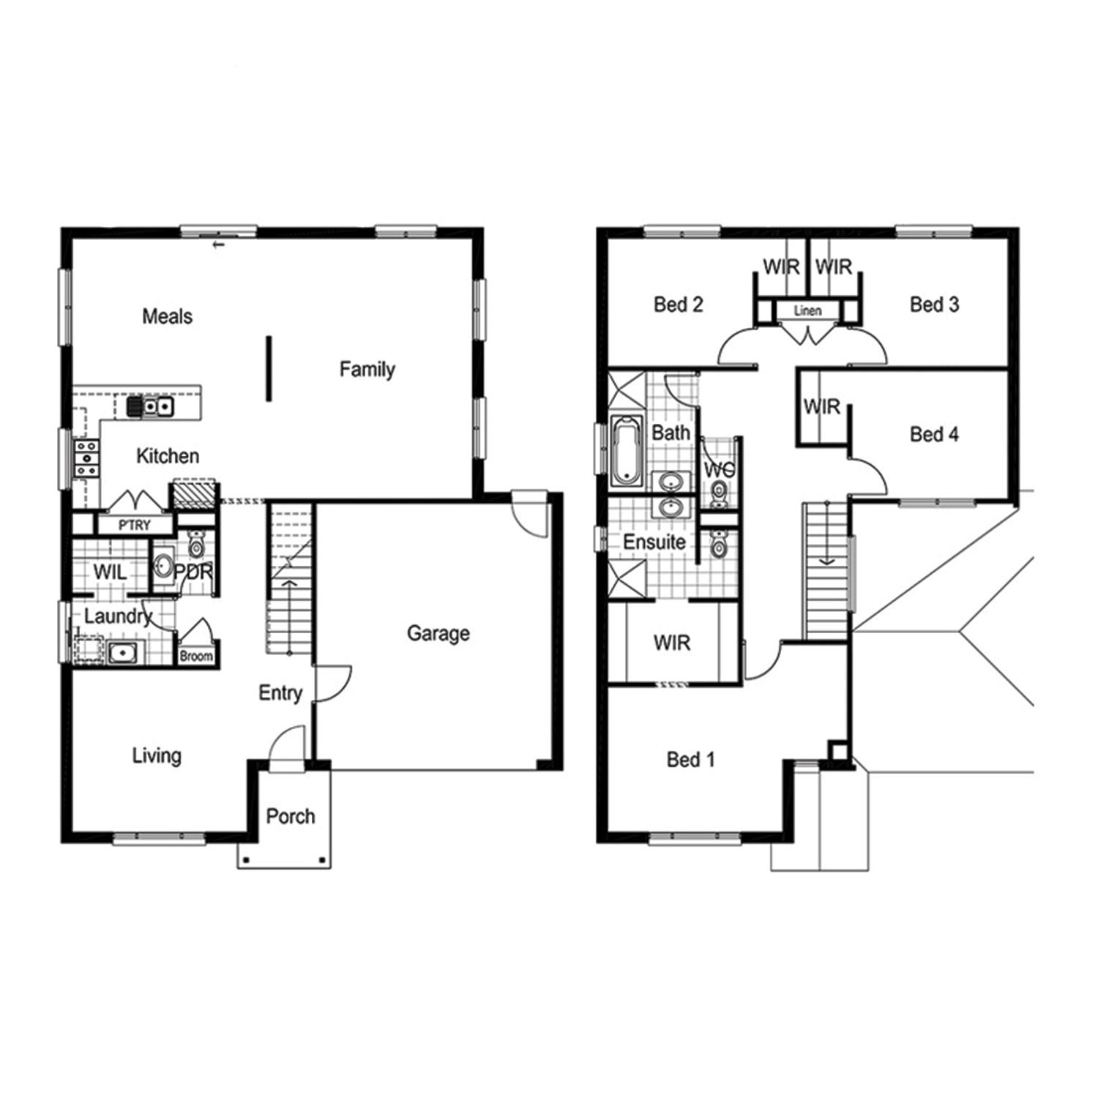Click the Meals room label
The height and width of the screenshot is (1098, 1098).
[168, 316]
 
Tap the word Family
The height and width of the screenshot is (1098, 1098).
[367, 370]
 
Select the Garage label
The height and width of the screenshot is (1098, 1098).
[438, 633]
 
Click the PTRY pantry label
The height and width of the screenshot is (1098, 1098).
[135, 525]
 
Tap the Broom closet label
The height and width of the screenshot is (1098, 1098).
[196, 657]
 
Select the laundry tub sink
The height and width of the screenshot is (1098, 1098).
[122, 651]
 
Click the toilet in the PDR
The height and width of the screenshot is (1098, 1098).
[196, 545]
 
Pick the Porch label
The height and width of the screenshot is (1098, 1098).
[291, 816]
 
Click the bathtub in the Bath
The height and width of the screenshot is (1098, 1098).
[626, 451]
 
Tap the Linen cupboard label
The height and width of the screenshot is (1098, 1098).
[807, 310]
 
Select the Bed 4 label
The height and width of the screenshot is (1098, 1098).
[934, 434]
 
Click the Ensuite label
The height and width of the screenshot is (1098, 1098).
[654, 542]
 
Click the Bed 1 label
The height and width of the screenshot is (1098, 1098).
[690, 760]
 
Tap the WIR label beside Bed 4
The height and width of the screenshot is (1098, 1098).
[821, 406]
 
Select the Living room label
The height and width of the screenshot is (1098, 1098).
[157, 756]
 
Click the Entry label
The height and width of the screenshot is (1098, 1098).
[280, 693]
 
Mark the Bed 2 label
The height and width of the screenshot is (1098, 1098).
[679, 305]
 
